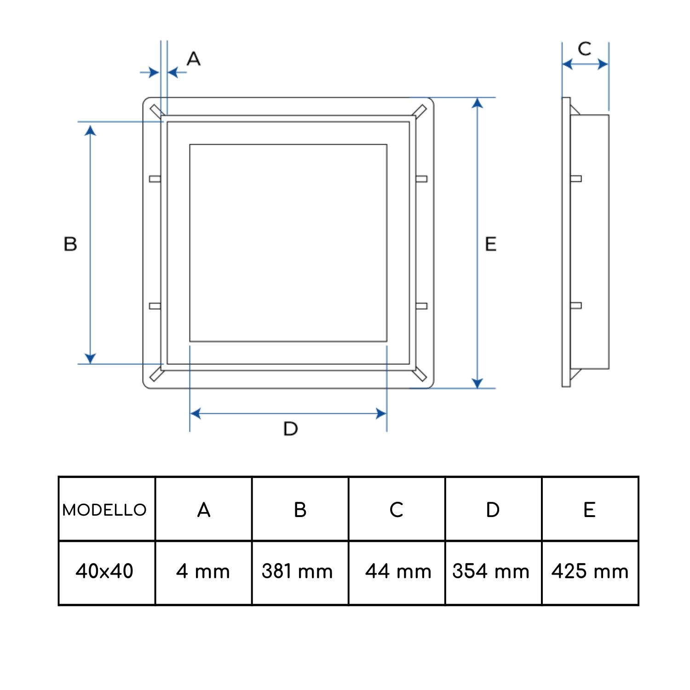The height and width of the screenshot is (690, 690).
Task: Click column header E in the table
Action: tap(590, 510)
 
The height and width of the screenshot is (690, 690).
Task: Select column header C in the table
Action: tap(397, 510)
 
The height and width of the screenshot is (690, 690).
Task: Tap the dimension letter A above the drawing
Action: tap(194, 58)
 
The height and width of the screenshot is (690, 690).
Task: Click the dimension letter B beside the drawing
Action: tap(70, 243)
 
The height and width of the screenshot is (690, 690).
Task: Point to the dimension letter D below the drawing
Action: tap(291, 429)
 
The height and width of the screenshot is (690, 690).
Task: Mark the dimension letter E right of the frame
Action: tap(491, 243)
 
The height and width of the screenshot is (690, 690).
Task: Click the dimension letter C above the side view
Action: tap(584, 49)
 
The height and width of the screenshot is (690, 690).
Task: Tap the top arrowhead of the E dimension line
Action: tap(477, 103)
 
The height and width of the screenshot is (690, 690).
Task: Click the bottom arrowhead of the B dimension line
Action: tap(91, 358)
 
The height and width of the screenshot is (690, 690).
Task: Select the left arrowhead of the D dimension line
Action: tap(195, 414)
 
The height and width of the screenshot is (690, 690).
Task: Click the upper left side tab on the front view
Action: tap(155, 178)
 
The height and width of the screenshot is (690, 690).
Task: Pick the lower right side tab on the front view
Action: tap(421, 306)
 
